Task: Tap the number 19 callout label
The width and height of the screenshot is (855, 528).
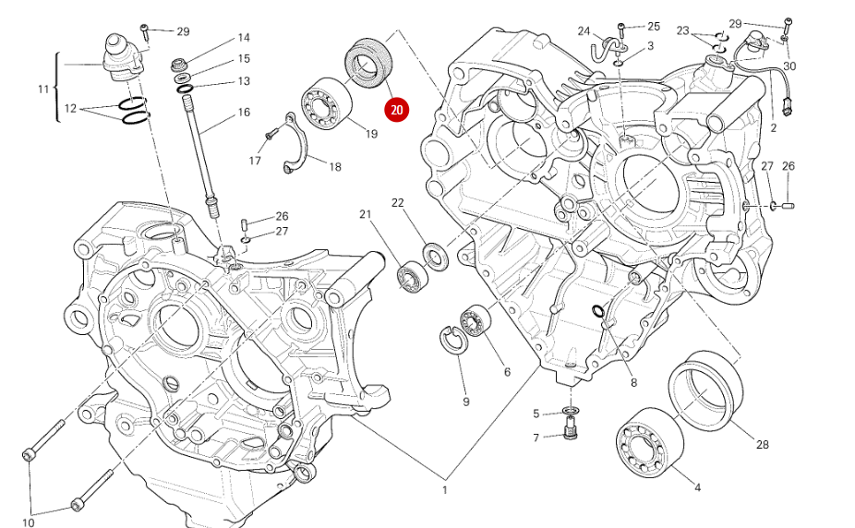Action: coord(371,135)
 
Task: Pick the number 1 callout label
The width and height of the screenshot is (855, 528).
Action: coord(444,489)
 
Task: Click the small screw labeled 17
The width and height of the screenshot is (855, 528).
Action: coord(270,135)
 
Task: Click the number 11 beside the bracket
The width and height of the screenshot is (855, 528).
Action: coord(42,90)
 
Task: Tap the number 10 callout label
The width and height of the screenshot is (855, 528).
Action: coord(28,522)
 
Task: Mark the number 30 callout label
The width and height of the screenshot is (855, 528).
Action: coord(789,66)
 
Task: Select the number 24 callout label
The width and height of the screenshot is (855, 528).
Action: coord(584,30)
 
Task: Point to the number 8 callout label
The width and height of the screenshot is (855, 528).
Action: coord(633,384)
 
